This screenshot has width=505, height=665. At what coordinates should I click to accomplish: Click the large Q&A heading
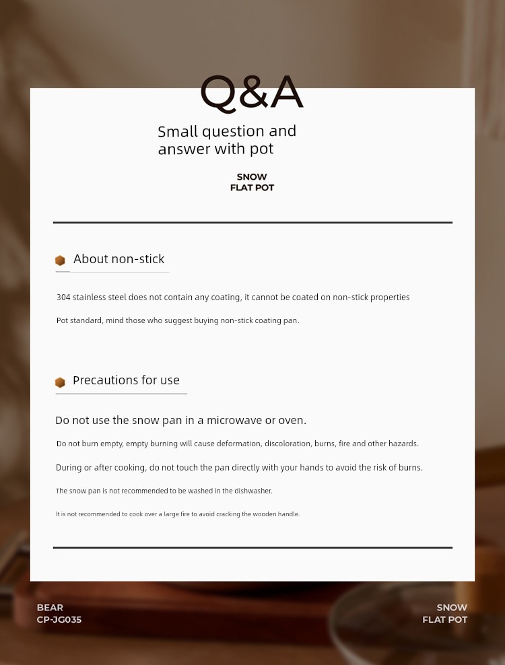252,92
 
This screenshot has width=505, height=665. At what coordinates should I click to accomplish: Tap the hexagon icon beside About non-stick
60,260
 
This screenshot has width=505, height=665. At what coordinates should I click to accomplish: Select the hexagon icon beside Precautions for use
60,382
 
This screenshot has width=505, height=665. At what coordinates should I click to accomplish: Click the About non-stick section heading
119,259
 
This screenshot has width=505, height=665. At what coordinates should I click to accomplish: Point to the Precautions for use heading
126,380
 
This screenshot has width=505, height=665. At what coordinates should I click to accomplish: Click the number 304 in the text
63,297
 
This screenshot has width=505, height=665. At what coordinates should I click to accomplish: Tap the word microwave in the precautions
234,420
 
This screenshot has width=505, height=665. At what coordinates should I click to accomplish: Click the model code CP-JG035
59,620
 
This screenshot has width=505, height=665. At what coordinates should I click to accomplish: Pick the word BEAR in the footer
50,608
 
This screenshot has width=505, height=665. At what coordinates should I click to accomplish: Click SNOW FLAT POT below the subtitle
252,182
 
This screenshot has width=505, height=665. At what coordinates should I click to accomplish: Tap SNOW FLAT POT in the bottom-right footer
445,614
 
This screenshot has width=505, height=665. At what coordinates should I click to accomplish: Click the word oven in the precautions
291,420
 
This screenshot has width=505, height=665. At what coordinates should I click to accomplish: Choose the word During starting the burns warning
69,468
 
